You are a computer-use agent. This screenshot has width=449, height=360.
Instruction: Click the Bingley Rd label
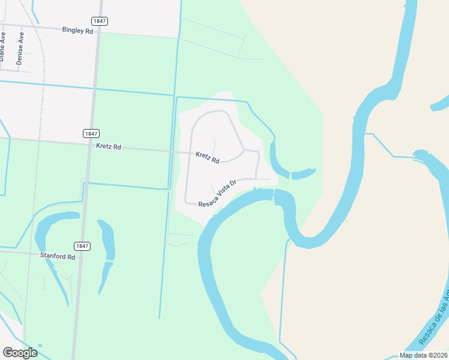pos(77,30)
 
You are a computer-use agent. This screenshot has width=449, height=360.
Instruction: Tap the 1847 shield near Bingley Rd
pos(100,21)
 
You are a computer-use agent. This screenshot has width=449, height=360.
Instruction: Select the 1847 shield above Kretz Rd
pos(91,133)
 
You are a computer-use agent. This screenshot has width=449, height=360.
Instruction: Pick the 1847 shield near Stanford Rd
pos(82,246)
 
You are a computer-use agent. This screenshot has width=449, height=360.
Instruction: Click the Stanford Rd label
pos(58,257)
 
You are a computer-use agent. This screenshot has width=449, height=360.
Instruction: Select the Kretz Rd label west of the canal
pos(109,146)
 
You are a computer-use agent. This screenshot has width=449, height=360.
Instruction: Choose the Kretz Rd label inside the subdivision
pos(208,157)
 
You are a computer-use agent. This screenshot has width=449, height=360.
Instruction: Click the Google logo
pos(20,353)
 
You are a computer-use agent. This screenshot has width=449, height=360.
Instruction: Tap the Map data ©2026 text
pos(423,355)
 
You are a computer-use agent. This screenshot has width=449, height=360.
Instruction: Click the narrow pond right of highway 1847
pos(108,252)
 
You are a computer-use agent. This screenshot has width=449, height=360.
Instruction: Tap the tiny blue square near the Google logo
pos(40,346)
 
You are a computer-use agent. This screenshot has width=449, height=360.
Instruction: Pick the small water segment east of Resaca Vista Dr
pos(303,174)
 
